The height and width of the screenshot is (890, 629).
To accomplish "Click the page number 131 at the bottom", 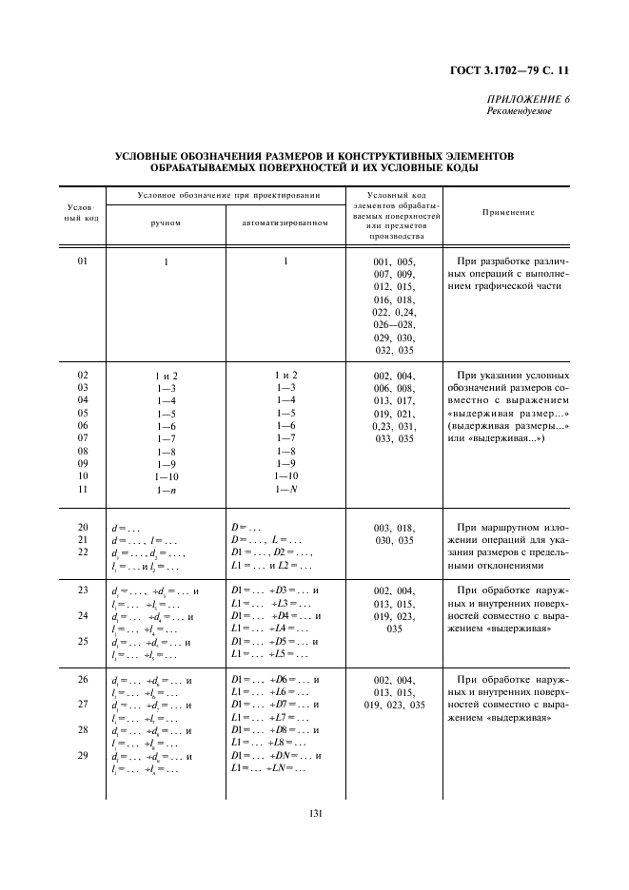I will click(314, 810).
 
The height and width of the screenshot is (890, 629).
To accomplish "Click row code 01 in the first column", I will click(83, 261).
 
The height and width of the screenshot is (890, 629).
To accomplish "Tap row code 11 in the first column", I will click(83, 489).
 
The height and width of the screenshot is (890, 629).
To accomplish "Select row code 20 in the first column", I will click(83, 527).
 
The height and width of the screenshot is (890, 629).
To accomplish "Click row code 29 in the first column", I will click(83, 755).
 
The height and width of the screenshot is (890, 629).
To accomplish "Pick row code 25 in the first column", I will click(83, 641).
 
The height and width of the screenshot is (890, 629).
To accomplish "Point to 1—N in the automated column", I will click(285, 489).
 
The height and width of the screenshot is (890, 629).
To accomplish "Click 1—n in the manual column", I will click(166, 490).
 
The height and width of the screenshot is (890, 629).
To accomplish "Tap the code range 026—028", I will click(394, 323).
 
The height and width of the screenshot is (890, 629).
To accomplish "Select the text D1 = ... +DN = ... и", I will click(275, 755).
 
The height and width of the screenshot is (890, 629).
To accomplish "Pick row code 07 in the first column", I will click(83, 438).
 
